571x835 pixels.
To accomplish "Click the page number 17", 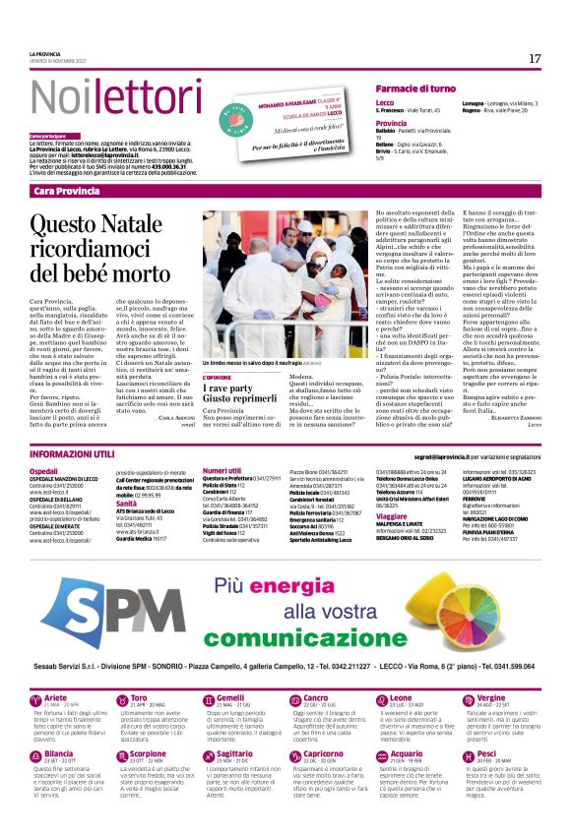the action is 535,59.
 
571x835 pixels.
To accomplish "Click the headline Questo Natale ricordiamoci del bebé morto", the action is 102,253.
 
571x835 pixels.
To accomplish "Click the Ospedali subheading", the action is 44,471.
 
